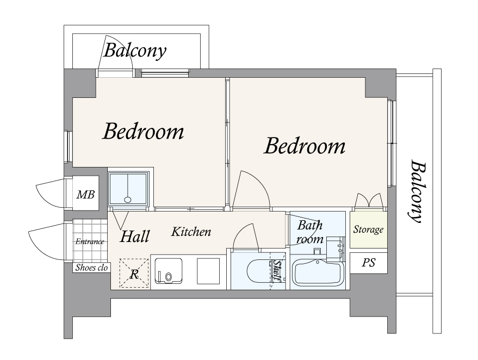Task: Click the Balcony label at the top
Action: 135,51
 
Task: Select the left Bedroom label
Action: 143,132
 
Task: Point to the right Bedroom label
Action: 305,146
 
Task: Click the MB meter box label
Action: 86,195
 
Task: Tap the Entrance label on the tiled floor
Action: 90,242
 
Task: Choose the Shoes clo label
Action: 91,268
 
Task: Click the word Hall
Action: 135,236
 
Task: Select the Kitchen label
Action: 191,232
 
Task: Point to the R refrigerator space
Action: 134,274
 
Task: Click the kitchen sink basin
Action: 169,271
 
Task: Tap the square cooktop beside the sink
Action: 208,271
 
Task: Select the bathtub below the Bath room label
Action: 318,273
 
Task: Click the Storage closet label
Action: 368,229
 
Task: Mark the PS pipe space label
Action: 368,263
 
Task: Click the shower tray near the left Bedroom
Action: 128,188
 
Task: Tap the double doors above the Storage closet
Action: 369,201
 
